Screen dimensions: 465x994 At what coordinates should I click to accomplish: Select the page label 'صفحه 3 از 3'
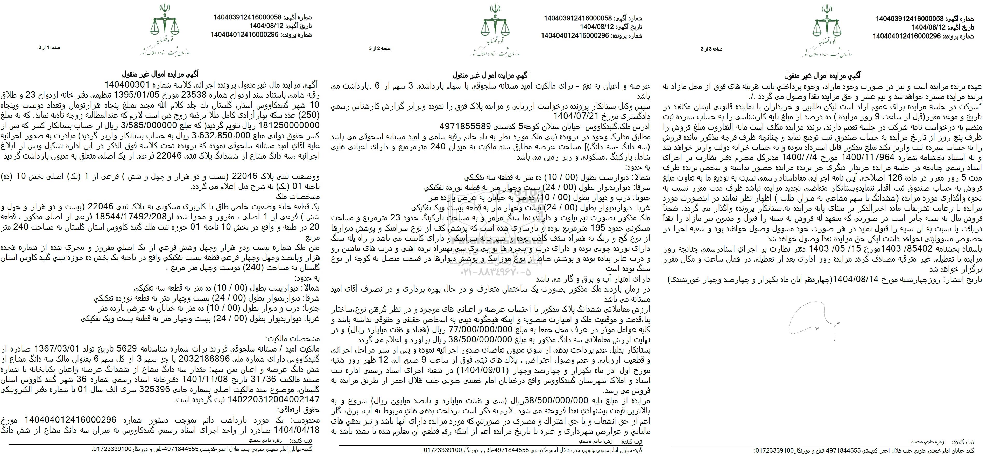(x=711, y=49)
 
